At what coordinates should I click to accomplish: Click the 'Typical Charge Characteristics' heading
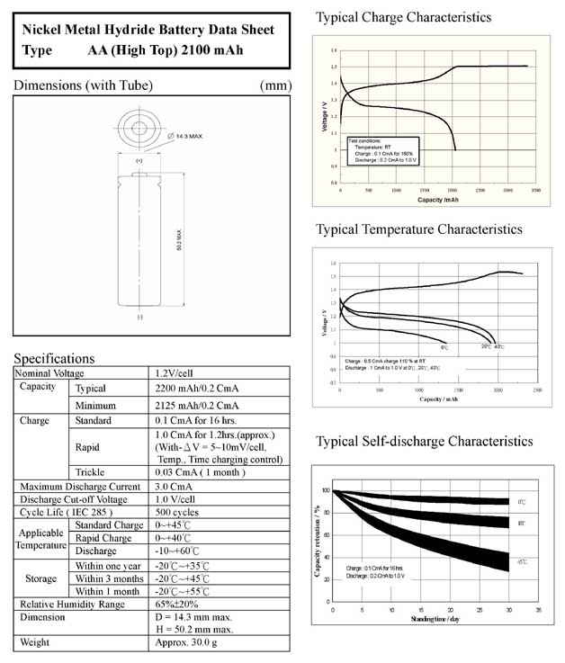coord(404,17)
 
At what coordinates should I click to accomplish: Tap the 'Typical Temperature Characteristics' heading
coord(418,229)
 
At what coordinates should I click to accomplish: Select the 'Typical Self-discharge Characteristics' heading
coord(424,442)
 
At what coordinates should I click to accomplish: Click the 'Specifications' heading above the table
coord(54,358)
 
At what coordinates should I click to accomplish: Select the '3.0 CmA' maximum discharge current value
coord(175,487)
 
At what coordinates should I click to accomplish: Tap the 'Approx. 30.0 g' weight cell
coord(191,642)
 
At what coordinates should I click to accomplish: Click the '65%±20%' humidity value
coord(180,604)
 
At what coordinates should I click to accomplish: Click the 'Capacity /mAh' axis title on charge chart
coord(435,199)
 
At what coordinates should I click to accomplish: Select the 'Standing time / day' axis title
coord(437,619)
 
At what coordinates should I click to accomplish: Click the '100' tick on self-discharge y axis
coord(326,490)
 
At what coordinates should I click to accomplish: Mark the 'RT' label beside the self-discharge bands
coord(522,523)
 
